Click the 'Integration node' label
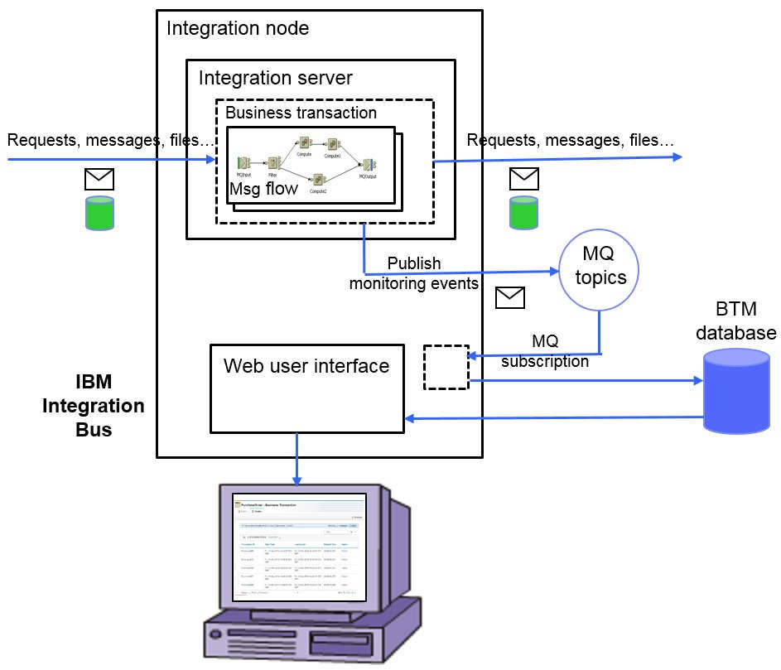click(238, 28)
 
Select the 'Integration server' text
click(275, 78)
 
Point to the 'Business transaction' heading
click(301, 113)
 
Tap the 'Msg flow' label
click(263, 189)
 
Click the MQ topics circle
click(600, 268)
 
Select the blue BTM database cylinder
click(735, 392)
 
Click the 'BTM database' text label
click(735, 322)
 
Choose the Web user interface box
click(306, 388)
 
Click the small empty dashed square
click(446, 367)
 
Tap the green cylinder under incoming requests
click(99, 212)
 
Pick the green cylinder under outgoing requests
click(523, 212)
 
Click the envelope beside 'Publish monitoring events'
click(509, 297)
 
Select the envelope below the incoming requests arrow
click(99, 179)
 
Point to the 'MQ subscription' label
click(545, 351)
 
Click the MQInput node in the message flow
click(244, 163)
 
